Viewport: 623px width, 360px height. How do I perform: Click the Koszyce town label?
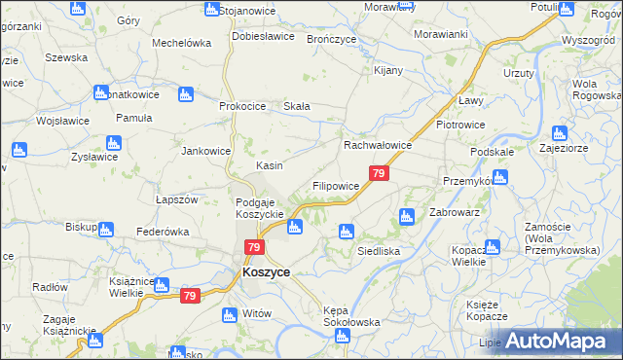(266, 273)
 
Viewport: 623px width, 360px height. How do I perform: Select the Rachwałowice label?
(379, 145)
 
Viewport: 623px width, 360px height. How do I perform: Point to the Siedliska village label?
(380, 250)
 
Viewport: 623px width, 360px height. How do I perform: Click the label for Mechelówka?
(182, 44)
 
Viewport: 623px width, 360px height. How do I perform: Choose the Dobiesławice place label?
(263, 36)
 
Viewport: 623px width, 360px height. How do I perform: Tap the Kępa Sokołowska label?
(351, 316)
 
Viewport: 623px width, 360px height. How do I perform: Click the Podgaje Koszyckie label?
(259, 208)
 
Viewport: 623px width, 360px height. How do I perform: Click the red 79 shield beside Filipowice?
(380, 174)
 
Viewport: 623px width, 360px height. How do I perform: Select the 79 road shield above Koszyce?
(253, 248)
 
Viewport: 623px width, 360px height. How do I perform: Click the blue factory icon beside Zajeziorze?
(559, 134)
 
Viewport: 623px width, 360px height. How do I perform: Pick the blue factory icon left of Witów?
(230, 314)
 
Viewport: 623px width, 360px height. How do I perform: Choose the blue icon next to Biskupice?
(106, 230)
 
